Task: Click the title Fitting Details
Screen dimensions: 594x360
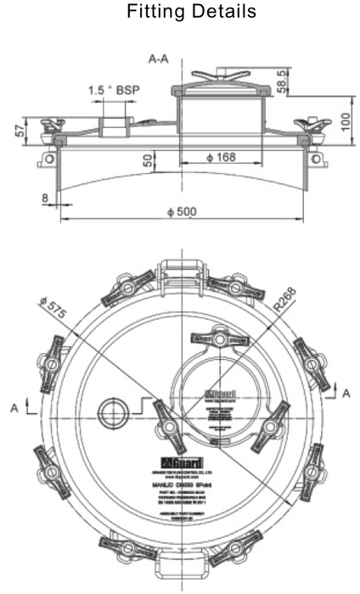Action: (179, 13)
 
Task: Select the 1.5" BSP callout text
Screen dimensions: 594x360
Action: (115, 90)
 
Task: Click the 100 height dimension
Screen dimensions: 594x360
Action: (343, 121)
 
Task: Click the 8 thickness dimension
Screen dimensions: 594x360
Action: (44, 198)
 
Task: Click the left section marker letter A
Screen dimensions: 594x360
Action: (14, 407)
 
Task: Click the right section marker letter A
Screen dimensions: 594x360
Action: (346, 392)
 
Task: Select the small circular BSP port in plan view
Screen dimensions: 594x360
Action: (111, 413)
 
